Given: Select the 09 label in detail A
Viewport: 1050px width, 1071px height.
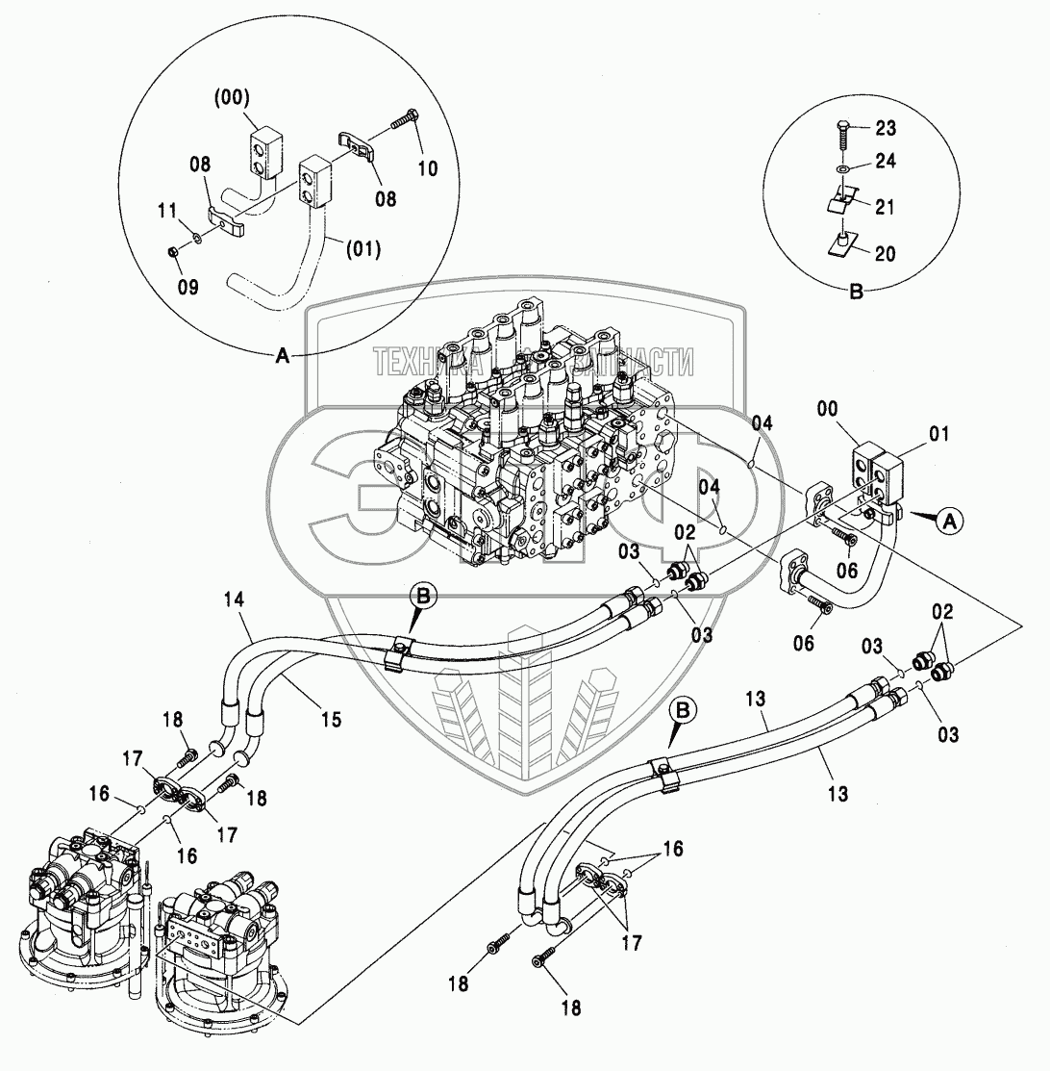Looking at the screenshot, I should (188, 286).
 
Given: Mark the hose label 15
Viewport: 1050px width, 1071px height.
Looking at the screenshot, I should (331, 717).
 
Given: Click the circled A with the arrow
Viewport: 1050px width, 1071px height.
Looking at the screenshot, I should (948, 521).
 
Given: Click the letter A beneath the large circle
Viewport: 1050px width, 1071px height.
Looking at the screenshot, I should (283, 356).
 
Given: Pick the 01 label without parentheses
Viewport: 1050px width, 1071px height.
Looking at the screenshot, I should (939, 434).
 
